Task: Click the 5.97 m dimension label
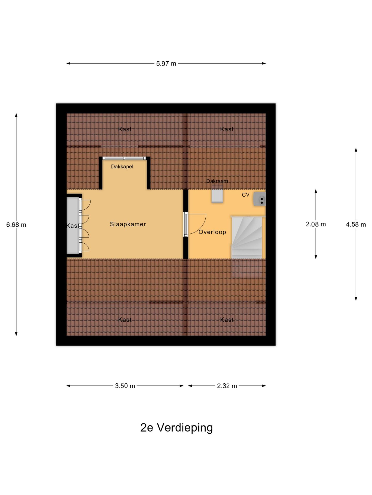tap(166, 63)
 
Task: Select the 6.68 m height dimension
tap(16, 225)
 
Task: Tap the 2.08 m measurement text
tap(316, 224)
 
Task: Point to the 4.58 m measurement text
tap(356, 225)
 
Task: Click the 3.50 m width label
tap(125, 386)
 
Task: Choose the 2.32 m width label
tap(227, 386)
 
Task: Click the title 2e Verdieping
tap(176, 427)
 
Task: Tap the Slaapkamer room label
tap(128, 224)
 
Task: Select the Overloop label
tap(212, 232)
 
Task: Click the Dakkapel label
tap(122, 167)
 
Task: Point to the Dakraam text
tap(217, 181)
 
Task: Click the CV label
tap(245, 195)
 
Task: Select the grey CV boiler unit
tap(260, 199)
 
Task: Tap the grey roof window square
tap(217, 196)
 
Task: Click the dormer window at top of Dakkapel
tap(124, 158)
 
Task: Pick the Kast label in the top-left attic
tap(125, 129)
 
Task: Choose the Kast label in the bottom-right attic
tap(227, 320)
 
